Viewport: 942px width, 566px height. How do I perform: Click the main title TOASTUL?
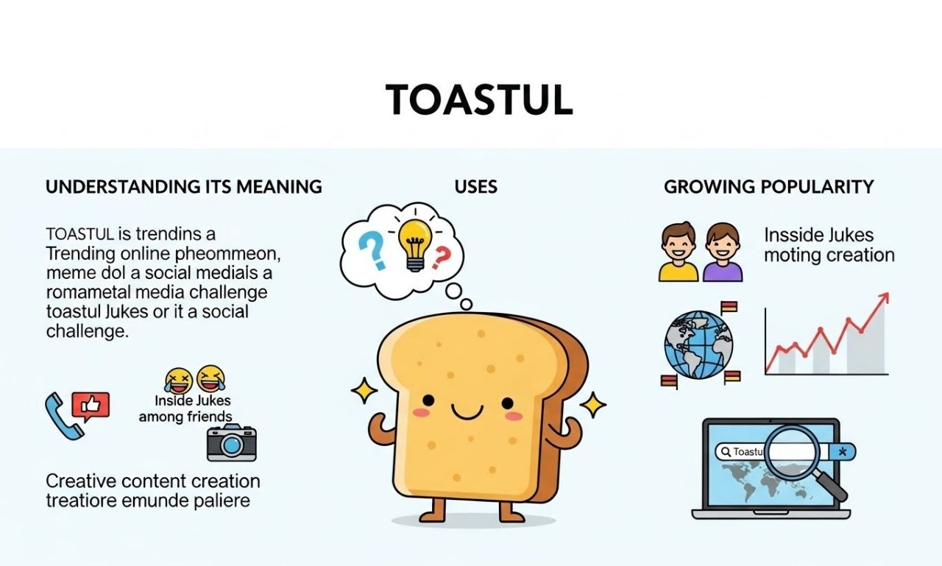tap(479, 101)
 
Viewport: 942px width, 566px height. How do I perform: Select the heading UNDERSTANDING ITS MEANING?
tap(184, 187)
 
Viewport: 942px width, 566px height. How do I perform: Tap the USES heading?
tap(476, 187)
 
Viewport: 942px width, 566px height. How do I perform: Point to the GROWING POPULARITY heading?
tap(769, 187)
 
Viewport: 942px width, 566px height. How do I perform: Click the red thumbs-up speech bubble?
tap(91, 406)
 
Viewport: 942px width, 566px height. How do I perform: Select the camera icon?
tap(231, 443)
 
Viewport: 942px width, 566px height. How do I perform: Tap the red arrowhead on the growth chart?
tap(883, 299)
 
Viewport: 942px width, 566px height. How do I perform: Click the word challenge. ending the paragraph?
tap(87, 331)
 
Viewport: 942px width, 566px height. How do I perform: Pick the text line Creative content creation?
tap(153, 481)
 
